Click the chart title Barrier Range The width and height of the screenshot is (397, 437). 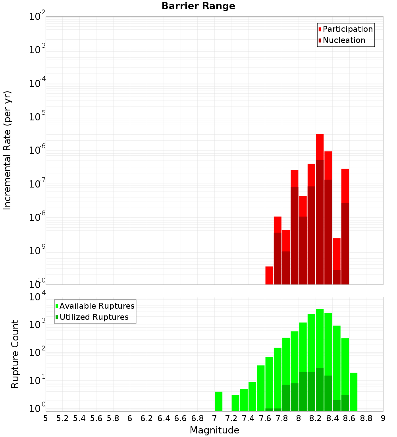pyautogui.click(x=198, y=6)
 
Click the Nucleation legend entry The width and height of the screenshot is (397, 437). pyautogui.click(x=343, y=41)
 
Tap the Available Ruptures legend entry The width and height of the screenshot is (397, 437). pyautogui.click(x=96, y=306)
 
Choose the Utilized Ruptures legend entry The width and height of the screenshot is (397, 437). pyautogui.click(x=94, y=317)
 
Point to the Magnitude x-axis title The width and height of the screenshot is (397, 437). pyautogui.click(x=214, y=430)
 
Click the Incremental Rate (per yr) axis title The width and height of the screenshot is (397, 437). pyautogui.click(x=8, y=151)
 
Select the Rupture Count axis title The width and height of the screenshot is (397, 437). pyautogui.click(x=15, y=354)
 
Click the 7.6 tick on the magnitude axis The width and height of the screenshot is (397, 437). pyautogui.click(x=265, y=418)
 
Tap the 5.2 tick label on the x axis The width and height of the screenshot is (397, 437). pyautogui.click(x=63, y=418)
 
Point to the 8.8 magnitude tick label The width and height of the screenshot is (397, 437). pyautogui.click(x=366, y=418)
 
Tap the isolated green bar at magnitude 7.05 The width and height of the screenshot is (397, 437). pyautogui.click(x=218, y=401)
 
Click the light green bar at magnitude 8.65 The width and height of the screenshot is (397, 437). pyautogui.click(x=353, y=392)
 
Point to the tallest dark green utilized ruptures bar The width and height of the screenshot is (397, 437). pyautogui.click(x=320, y=389)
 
